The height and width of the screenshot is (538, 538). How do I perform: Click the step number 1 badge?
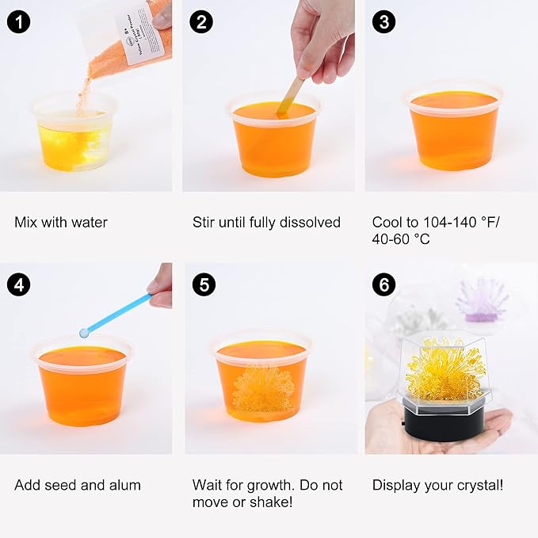click(x=19, y=21)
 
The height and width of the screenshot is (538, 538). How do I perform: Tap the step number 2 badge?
click(x=201, y=21)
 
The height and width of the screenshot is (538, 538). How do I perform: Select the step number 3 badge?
click(x=383, y=21)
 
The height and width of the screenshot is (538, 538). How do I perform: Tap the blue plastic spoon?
click(x=115, y=315)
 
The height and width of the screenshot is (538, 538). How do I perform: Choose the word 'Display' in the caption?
click(x=395, y=485)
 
